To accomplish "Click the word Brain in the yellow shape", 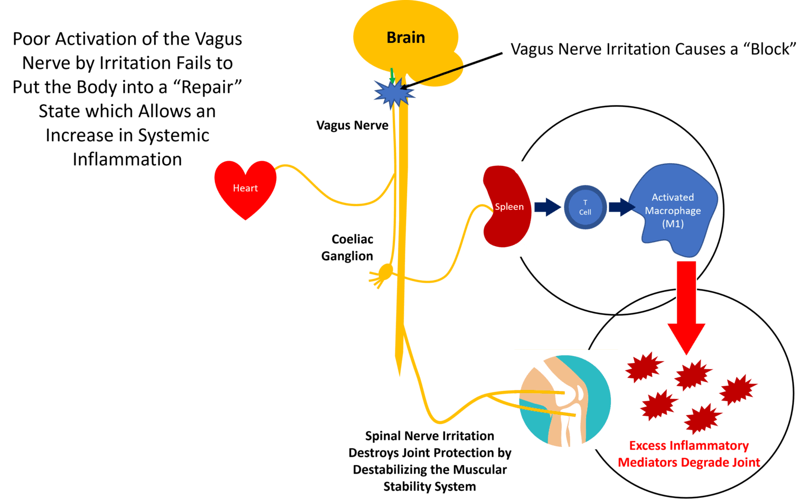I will pyautogui.click(x=405, y=38).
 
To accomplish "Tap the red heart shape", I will pyautogui.click(x=245, y=189).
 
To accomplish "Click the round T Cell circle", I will pyautogui.click(x=585, y=207).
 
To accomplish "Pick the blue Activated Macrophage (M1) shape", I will pyautogui.click(x=672, y=210).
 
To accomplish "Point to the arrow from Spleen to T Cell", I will pyautogui.click(x=546, y=207).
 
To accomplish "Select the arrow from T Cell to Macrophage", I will pyautogui.click(x=621, y=207).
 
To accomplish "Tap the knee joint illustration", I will pyautogui.click(x=565, y=399).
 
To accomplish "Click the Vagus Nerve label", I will pyautogui.click(x=352, y=125).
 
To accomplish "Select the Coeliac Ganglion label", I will pyautogui.click(x=348, y=247).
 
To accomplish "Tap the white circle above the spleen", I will pyautogui.click(x=521, y=168).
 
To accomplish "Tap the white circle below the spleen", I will pyautogui.click(x=518, y=250).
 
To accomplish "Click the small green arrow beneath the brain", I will pyautogui.click(x=392, y=75).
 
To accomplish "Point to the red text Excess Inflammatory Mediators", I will pyautogui.click(x=689, y=454).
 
